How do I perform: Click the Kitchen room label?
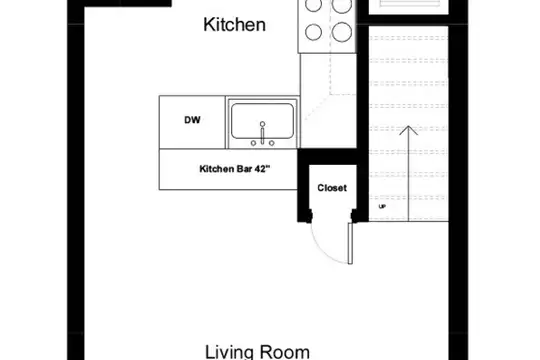pos(235,25)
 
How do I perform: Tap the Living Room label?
pos(257,352)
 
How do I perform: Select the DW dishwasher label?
pos(192,120)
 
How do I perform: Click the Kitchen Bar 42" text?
pos(235,169)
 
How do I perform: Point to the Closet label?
pos(332,188)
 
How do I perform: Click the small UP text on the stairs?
pos(382,206)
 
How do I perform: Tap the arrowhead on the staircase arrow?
pos(408,130)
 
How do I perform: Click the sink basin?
pos(262,121)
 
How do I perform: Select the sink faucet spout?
pos(262,133)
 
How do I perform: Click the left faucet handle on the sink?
pos(253,143)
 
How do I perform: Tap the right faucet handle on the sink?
pos(272,143)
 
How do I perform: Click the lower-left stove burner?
pos(314,32)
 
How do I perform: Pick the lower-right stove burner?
pos(342,32)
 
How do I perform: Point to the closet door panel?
pos(350,244)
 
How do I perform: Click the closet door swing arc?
pos(325,249)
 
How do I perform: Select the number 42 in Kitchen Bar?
pos(259,169)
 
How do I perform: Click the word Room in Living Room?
pos(284,352)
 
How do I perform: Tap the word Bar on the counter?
pos(245,169)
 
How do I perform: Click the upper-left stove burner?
pos(314,4)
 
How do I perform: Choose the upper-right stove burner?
pos(342,4)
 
